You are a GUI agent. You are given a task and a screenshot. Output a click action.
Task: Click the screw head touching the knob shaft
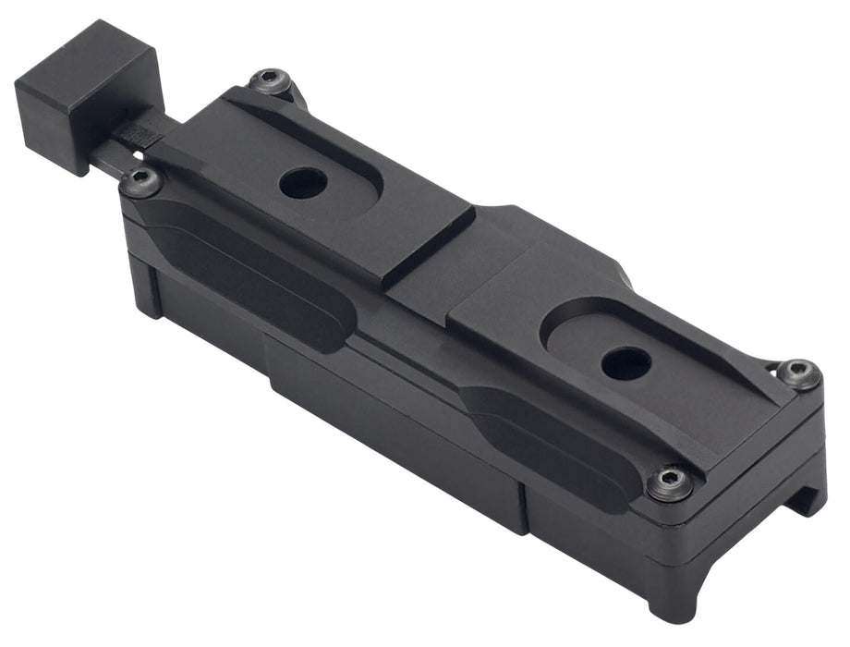[141, 180]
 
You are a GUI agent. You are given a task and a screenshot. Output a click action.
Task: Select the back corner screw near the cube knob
[270, 81]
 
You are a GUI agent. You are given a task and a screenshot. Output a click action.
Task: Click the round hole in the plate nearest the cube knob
[303, 182]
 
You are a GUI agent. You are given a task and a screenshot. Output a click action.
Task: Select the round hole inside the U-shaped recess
[625, 362]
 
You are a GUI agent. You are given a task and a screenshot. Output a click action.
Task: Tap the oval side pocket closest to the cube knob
[249, 273]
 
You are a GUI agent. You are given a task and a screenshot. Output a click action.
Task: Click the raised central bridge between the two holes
[462, 268]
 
